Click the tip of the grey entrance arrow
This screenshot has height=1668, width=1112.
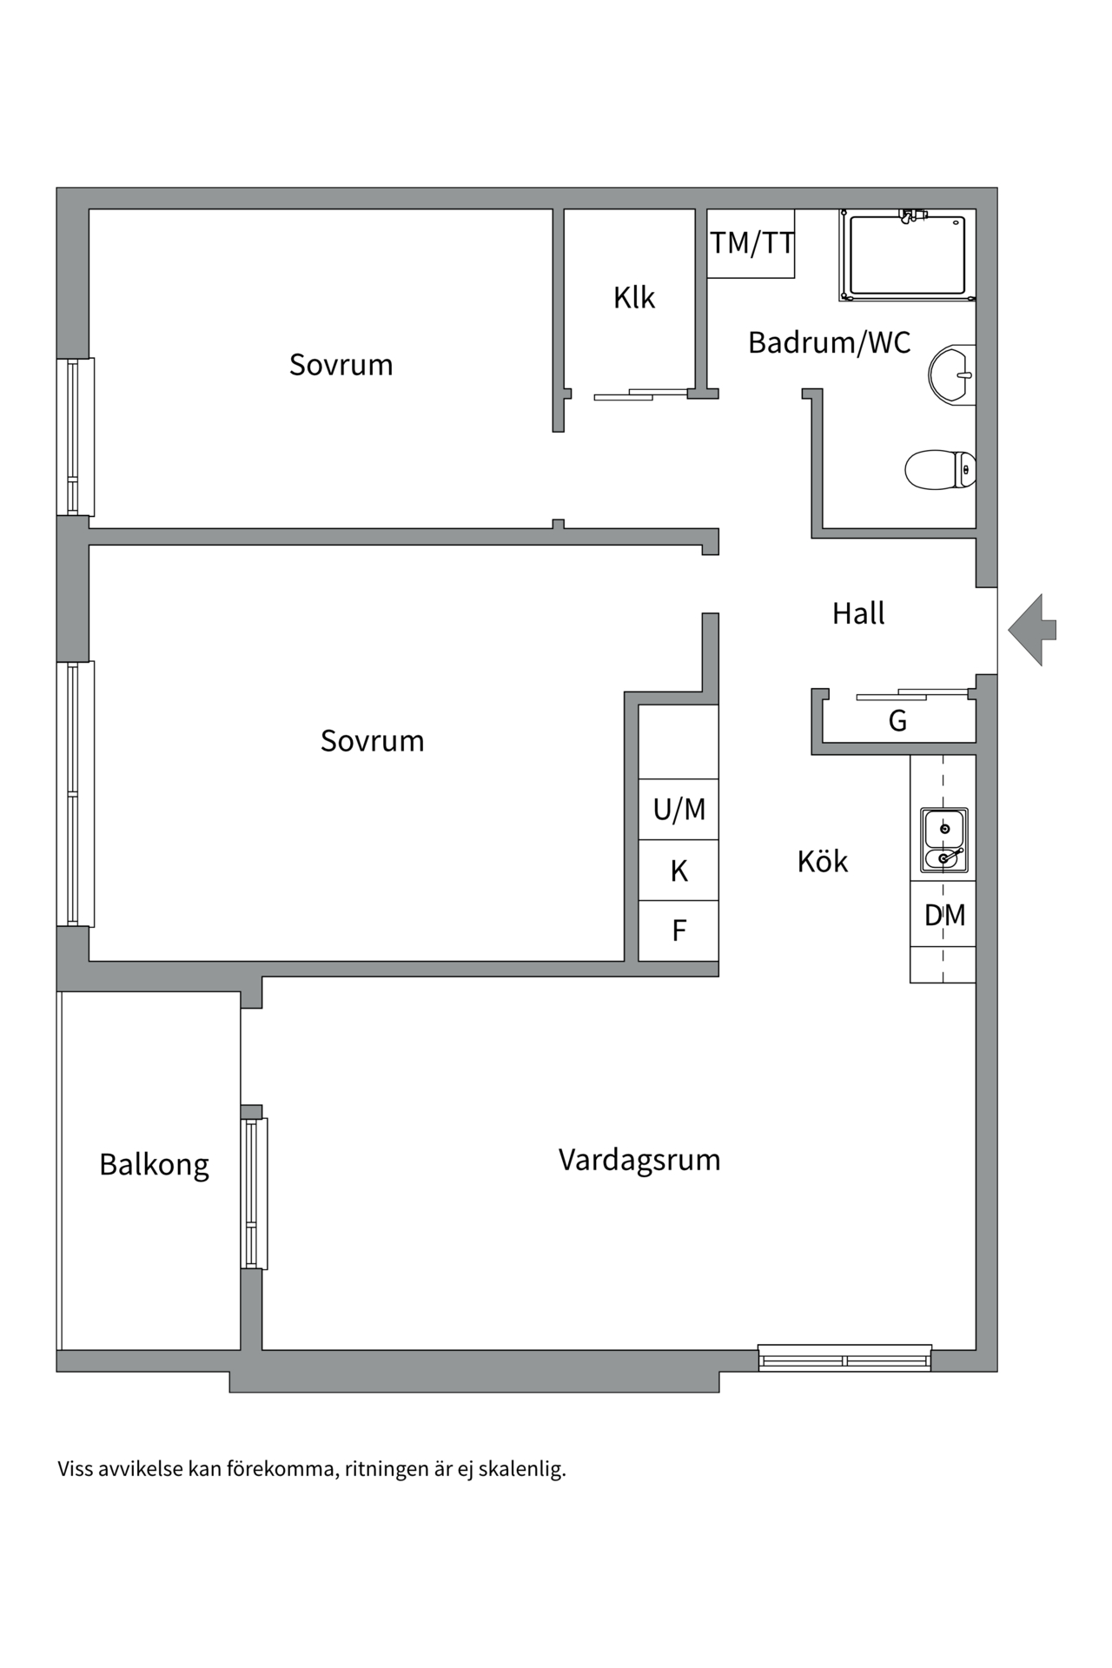(x=1009, y=630)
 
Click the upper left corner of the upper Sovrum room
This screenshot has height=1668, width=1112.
(x=89, y=209)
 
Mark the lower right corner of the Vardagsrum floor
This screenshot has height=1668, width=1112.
(x=976, y=1349)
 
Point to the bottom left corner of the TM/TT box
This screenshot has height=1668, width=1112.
(x=707, y=278)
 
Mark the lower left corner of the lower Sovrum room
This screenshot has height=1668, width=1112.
(x=89, y=961)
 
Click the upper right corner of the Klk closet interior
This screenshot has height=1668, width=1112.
(x=694, y=209)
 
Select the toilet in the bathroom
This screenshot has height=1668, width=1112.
(x=940, y=470)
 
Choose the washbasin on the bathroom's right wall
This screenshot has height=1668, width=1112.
(x=952, y=375)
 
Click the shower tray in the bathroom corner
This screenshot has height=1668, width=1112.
(x=907, y=255)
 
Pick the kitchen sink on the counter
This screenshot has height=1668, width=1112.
(x=943, y=840)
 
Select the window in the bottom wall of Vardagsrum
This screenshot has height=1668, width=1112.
(x=844, y=1358)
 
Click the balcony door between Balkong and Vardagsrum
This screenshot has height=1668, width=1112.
(x=254, y=1194)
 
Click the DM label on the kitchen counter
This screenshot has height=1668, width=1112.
(x=944, y=915)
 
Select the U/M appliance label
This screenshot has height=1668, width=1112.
(x=679, y=810)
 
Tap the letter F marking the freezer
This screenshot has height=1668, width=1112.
(x=679, y=930)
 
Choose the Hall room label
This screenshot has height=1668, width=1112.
(x=858, y=613)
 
